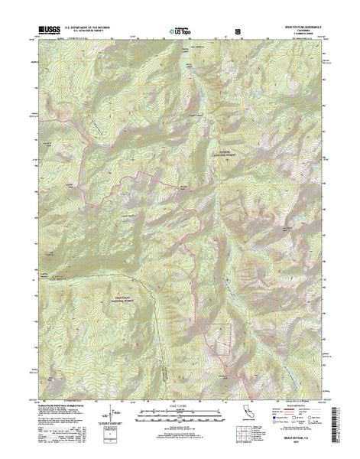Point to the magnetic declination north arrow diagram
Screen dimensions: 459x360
115,418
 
